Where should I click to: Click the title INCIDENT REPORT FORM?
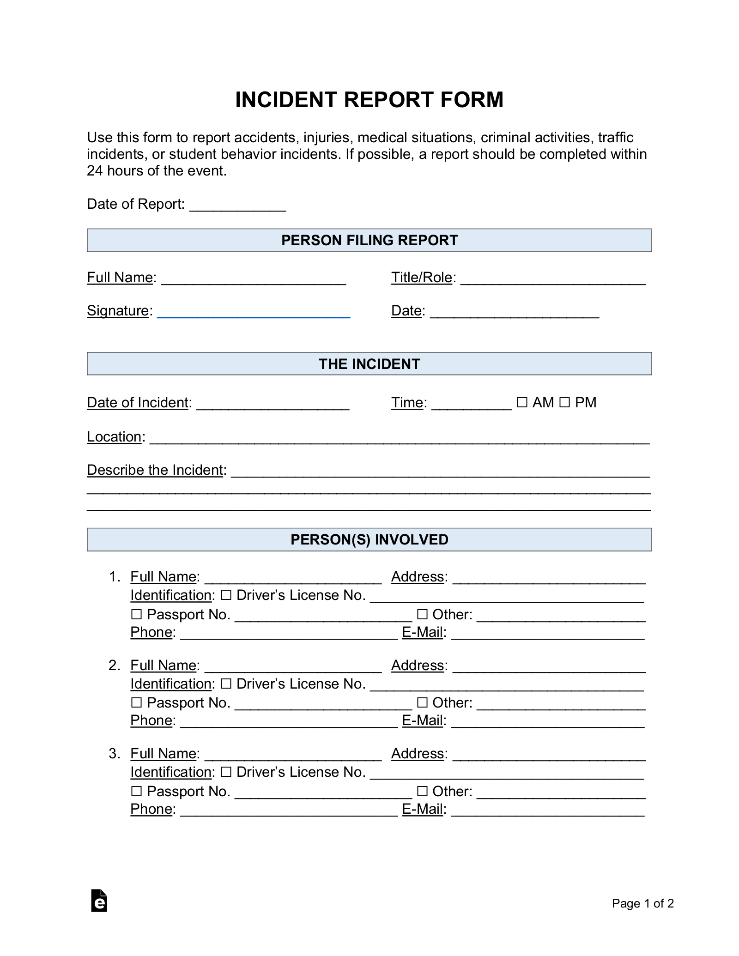point(369,100)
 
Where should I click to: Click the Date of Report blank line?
point(237,206)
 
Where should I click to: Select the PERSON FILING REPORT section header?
point(369,240)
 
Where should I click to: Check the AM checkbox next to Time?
point(522,402)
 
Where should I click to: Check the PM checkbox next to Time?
point(564,402)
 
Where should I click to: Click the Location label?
point(114,436)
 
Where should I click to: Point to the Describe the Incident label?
point(155,470)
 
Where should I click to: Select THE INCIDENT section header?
point(369,364)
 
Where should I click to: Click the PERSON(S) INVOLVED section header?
point(369,539)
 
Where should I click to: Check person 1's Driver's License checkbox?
point(226,595)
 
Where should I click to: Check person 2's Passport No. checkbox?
point(136,702)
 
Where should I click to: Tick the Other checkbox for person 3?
point(422,791)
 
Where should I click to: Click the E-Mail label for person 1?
point(423,632)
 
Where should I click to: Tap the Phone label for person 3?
point(151,809)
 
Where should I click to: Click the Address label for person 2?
point(418,665)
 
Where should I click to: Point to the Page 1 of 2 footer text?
point(642,903)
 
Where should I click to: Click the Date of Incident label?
point(138,402)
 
